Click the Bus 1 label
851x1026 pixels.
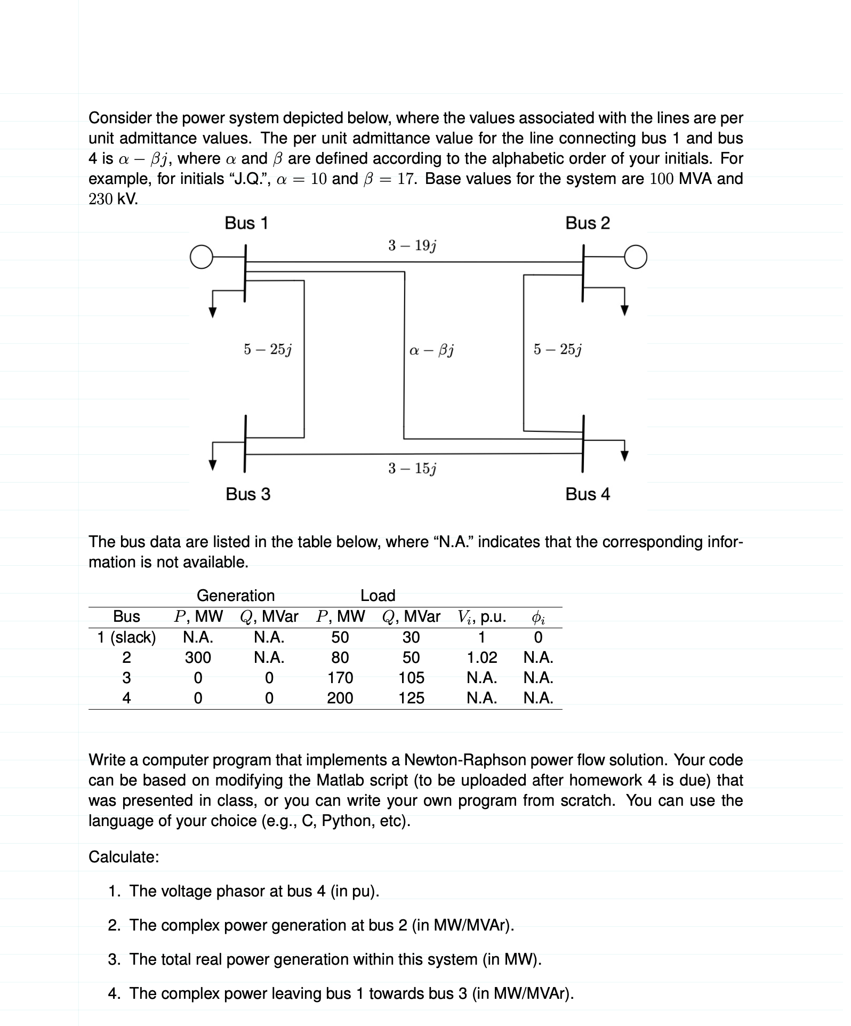[246, 223]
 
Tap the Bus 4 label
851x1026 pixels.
[587, 494]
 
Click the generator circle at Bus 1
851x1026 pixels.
[200, 256]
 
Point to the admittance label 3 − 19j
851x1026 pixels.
[412, 246]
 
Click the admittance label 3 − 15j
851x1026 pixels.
[412, 469]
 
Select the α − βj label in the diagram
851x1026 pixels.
[431, 350]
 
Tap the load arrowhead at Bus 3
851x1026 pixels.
[213, 465]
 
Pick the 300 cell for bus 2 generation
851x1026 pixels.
[198, 658]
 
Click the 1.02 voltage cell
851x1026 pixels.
[482, 658]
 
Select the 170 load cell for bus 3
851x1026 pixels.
[340, 678]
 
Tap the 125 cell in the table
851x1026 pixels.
[412, 698]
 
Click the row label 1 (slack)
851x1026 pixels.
[126, 637]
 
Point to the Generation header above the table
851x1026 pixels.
[236, 596]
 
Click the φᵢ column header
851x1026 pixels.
[538, 618]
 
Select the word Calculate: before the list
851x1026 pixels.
[124, 857]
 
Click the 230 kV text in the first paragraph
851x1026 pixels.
[113, 199]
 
